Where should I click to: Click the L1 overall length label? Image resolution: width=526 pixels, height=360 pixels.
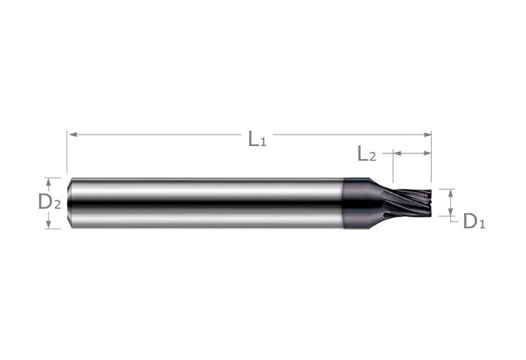(257, 138)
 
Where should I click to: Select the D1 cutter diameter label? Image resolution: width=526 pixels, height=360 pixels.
(473, 222)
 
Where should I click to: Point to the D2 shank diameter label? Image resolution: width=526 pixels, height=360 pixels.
(49, 202)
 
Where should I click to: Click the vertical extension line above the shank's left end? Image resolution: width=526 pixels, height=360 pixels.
(67, 155)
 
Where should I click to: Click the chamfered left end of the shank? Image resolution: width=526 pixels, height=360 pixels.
(70, 203)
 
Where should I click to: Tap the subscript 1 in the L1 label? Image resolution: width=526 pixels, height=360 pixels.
(264, 142)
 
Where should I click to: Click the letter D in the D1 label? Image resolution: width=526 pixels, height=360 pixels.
(469, 221)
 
